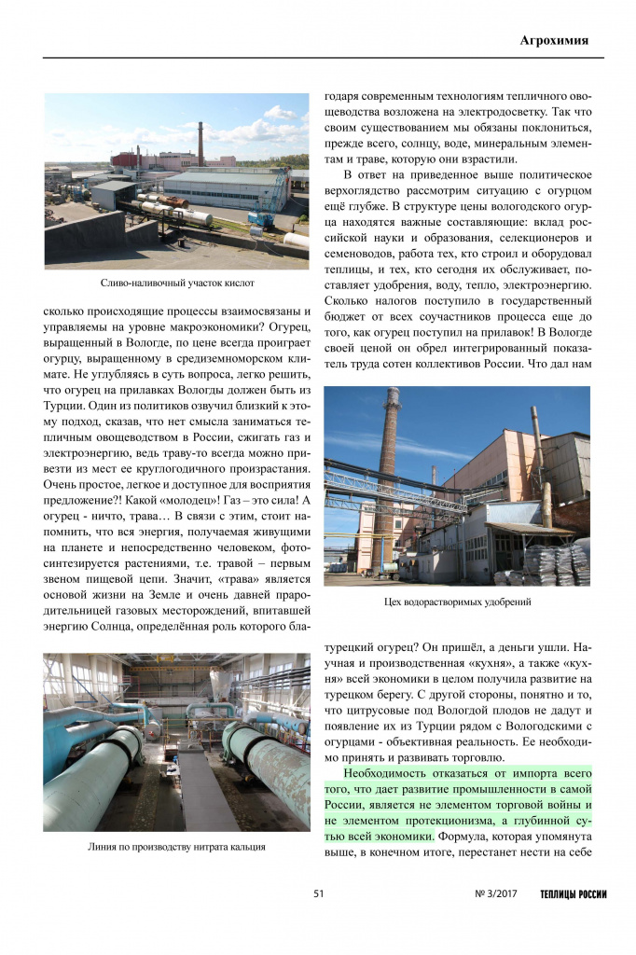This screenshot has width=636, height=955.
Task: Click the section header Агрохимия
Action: pyautogui.click(x=554, y=40)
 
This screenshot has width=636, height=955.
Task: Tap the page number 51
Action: pyautogui.click(x=318, y=894)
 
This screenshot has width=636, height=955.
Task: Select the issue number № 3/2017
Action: pyautogui.click(x=495, y=894)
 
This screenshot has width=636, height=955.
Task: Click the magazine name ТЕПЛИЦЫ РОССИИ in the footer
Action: pyautogui.click(x=573, y=894)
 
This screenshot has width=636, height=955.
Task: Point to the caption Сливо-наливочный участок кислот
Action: pyautogui.click(x=176, y=282)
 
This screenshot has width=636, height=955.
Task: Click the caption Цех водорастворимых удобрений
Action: pyautogui.click(x=457, y=602)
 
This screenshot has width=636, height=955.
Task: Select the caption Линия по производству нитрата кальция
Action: pyautogui.click(x=176, y=847)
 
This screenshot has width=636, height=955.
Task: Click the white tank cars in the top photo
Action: pyautogui.click(x=177, y=211)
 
